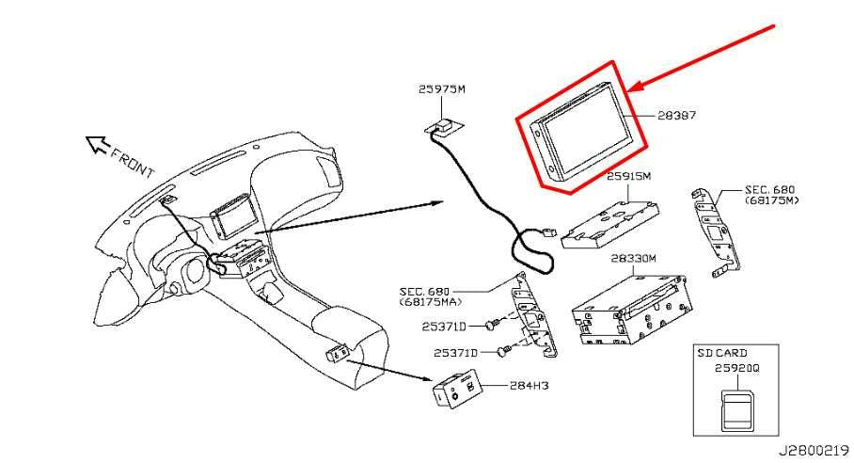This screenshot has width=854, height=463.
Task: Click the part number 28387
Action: pyautogui.click(x=676, y=116)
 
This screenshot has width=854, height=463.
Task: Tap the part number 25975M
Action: pyautogui.click(x=442, y=88)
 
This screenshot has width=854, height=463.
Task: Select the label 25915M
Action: pyautogui.click(x=628, y=177)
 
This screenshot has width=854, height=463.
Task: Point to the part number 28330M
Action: pyautogui.click(x=633, y=259)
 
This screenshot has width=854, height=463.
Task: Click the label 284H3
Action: pyautogui.click(x=529, y=386)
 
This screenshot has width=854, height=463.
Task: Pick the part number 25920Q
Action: pyautogui.click(x=736, y=369)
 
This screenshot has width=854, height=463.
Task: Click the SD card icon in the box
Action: pyautogui.click(x=736, y=411)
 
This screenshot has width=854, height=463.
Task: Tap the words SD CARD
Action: pyautogui.click(x=722, y=353)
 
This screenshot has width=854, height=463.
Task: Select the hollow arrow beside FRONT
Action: pyautogui.click(x=98, y=144)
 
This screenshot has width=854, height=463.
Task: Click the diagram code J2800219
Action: pyautogui.click(x=814, y=452)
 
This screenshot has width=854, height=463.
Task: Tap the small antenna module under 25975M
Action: pyautogui.click(x=444, y=126)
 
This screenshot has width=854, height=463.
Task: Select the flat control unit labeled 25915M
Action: pyautogui.click(x=611, y=223)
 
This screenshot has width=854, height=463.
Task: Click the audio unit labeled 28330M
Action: pyautogui.click(x=632, y=311)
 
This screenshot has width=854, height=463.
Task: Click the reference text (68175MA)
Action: pyautogui.click(x=430, y=302)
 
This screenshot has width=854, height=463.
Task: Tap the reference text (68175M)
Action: pyautogui.click(x=772, y=200)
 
